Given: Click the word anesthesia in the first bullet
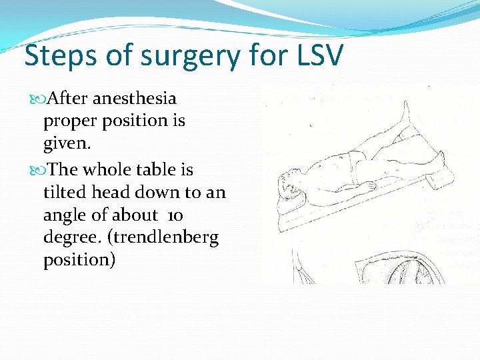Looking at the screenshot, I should coord(135,99).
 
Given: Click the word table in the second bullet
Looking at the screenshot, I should coord(158,169).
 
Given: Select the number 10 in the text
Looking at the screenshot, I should coord(175,215).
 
